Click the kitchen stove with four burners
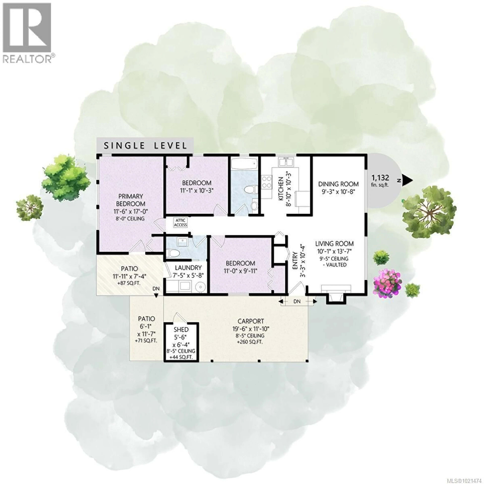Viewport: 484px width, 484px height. (267, 182)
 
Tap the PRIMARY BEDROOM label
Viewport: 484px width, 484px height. (131, 200)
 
